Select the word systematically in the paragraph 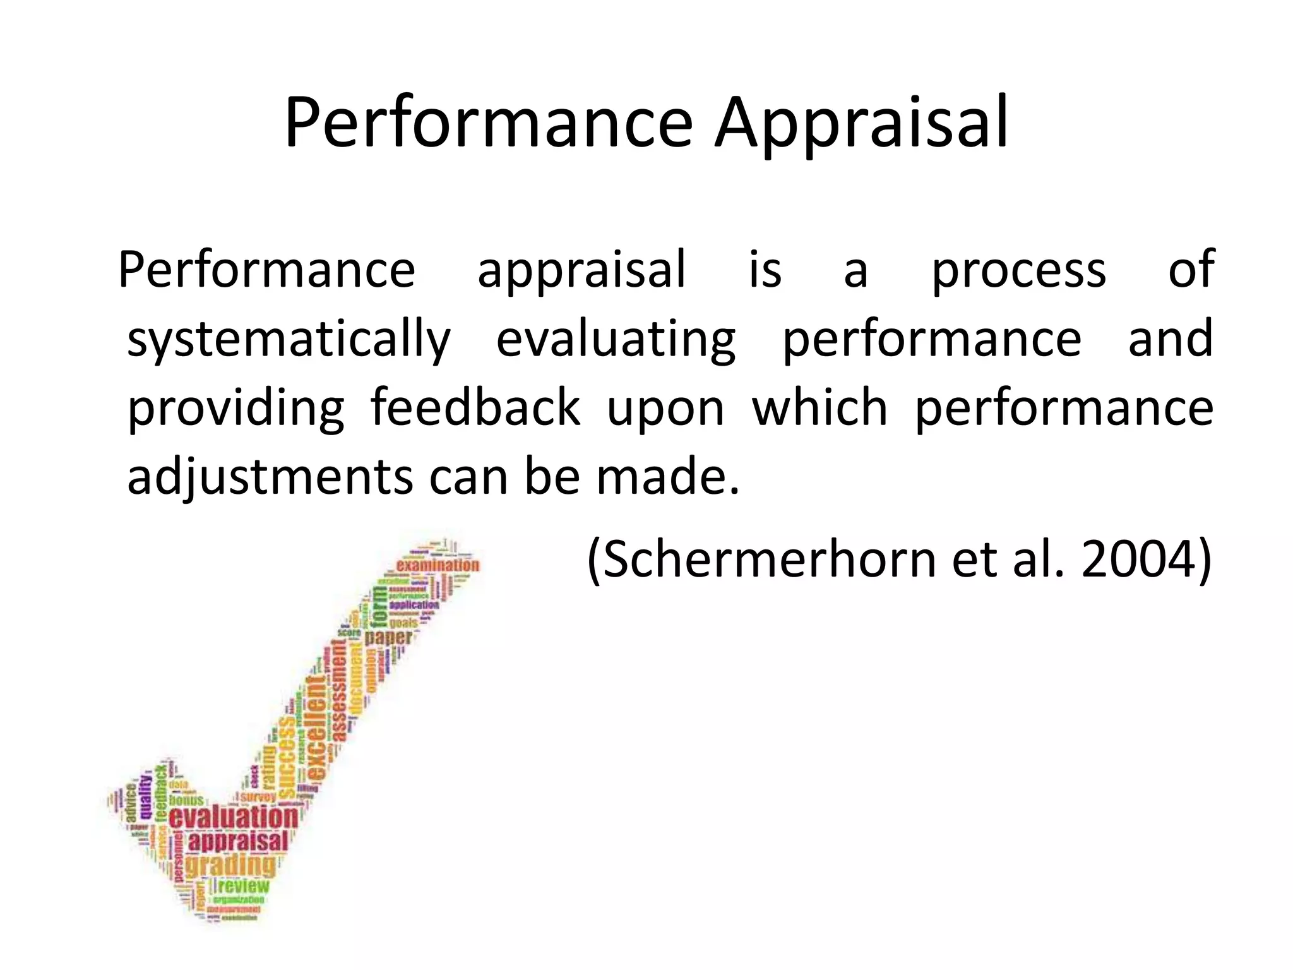click(289, 339)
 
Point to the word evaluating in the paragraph click(616, 339)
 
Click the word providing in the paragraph click(236, 408)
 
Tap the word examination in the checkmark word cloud click(438, 565)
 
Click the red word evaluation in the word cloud click(233, 817)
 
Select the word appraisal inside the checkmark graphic click(238, 841)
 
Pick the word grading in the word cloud click(231, 865)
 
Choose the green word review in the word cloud click(244, 886)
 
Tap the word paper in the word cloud click(388, 637)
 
